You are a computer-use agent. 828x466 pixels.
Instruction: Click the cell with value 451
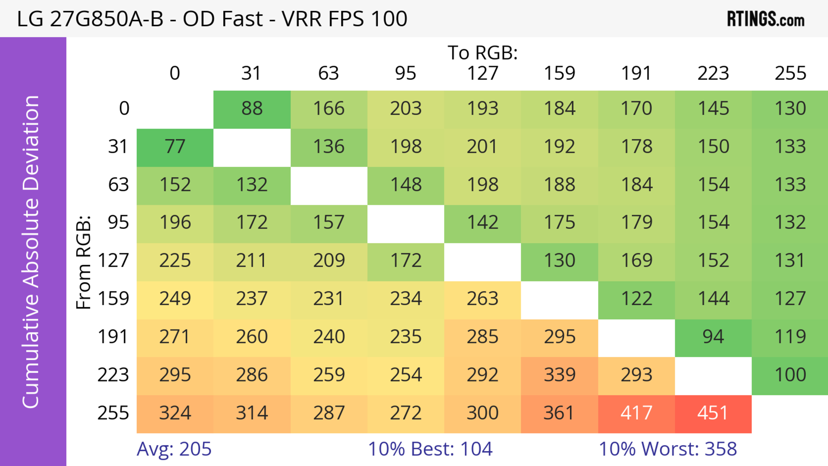tap(713, 413)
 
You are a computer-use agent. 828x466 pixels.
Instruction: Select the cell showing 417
tap(636, 413)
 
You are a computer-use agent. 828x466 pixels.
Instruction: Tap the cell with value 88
tap(252, 109)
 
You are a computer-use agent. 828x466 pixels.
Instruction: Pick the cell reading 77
tap(175, 147)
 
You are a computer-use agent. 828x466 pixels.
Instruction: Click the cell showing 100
tap(790, 375)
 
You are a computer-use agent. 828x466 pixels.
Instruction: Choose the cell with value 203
tap(406, 109)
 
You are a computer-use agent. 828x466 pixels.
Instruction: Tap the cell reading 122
tap(636, 299)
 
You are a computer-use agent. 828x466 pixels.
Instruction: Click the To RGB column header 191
tap(636, 73)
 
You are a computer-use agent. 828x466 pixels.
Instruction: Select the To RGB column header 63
tap(328, 73)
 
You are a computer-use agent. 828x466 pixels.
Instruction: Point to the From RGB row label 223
tap(113, 375)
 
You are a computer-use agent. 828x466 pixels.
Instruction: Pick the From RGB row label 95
tap(118, 222)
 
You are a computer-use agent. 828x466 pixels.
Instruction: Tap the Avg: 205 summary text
tap(174, 449)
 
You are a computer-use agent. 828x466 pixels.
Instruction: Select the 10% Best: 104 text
tap(430, 449)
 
